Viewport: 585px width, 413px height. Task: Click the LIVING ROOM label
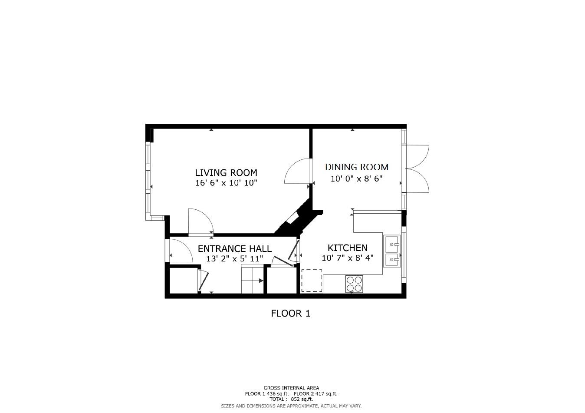226,173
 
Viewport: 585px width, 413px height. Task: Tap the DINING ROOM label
356,167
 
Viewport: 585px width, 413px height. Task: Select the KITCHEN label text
347,248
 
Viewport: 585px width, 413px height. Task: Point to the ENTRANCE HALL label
234,249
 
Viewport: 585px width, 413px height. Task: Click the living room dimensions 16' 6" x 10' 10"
226,183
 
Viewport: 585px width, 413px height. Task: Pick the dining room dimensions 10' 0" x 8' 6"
356,178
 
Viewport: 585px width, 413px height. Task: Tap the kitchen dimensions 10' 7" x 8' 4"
347,258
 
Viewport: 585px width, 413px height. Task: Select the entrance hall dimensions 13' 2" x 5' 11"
234,259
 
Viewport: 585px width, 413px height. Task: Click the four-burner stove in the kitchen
354,284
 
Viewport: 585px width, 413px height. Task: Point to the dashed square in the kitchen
312,281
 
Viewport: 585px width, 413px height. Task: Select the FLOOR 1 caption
290,313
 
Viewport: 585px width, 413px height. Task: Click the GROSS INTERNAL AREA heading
291,388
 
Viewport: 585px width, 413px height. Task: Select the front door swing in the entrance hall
180,251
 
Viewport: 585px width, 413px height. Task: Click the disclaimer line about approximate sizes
291,406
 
